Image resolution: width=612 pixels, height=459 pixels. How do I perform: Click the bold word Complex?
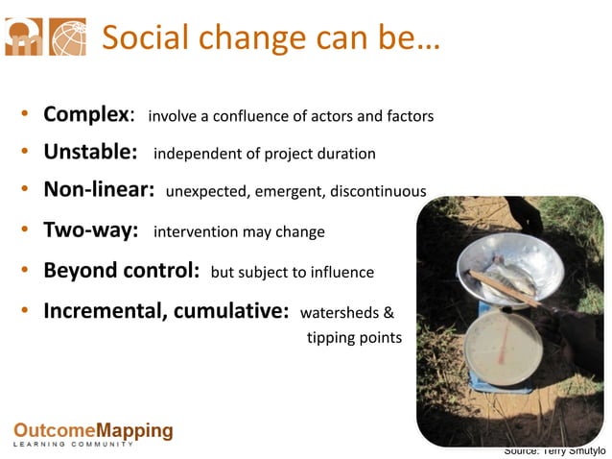coord(85,115)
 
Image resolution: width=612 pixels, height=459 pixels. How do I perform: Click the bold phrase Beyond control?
coord(119,272)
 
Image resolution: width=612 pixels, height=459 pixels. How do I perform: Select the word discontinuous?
coord(378,191)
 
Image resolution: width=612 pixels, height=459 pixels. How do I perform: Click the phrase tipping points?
coord(354,338)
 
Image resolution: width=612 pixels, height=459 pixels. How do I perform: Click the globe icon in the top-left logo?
coord(67,36)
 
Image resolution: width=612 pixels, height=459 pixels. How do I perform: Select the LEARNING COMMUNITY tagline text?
coord(73,445)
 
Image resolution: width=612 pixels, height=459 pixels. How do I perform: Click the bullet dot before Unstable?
coord(23,154)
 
